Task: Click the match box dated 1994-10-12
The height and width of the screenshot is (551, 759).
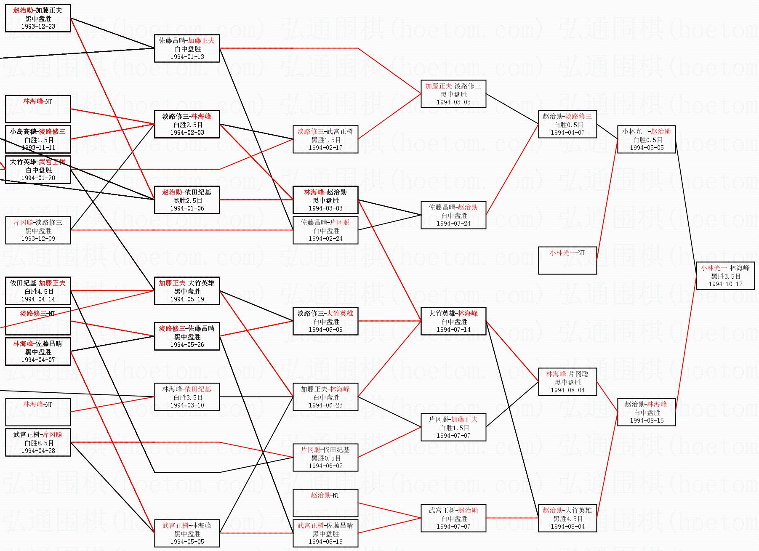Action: point(725,276)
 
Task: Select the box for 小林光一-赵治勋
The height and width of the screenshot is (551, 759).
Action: point(646,139)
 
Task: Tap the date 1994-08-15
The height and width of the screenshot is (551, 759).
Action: point(646,421)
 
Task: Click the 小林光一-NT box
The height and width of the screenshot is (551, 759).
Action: point(567,260)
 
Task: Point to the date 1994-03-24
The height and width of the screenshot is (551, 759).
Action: point(453,224)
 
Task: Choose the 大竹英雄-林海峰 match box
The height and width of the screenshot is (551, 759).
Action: point(453,321)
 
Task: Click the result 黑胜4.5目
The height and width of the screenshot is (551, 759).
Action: point(567,519)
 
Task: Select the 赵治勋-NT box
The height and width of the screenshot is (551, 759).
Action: point(325,503)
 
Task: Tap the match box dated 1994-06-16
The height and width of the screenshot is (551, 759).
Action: point(325,533)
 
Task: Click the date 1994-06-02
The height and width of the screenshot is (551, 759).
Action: point(325,466)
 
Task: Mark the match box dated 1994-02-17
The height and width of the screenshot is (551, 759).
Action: point(325,139)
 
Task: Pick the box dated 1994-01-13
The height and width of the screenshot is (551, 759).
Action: point(187,48)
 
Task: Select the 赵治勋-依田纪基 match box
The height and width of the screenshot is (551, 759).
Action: point(187,200)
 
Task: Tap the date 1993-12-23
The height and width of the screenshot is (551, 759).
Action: point(38,27)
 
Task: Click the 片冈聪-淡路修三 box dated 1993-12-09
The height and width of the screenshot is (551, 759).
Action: point(38,230)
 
